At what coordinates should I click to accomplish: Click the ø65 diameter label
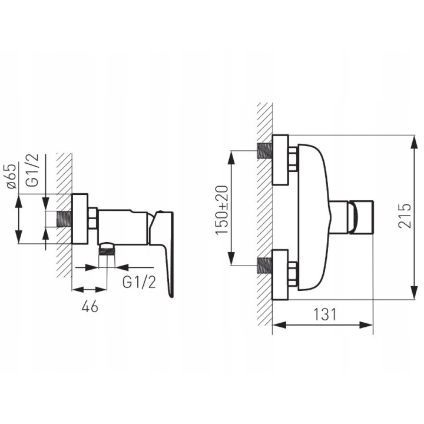pyautogui.click(x=12, y=175)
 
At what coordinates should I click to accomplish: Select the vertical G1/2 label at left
pyautogui.click(x=33, y=170)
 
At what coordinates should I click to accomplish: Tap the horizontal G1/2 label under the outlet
pyautogui.click(x=139, y=283)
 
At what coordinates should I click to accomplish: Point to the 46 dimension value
pyautogui.click(x=90, y=306)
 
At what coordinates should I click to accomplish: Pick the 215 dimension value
pyautogui.click(x=405, y=216)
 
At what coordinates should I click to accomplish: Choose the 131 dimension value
pyautogui.click(x=324, y=314)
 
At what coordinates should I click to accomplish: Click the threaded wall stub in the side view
pyautogui.click(x=64, y=218)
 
